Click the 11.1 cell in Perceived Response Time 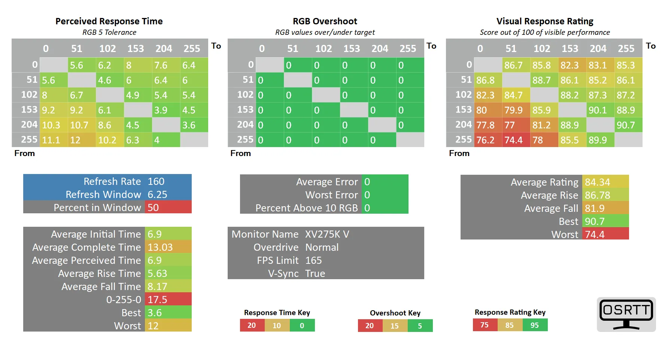click(54, 140)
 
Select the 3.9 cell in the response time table click(166, 110)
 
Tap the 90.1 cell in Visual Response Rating click(600, 110)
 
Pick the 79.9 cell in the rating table click(516, 110)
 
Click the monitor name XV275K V click(327, 234)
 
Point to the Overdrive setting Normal click(322, 247)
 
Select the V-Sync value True click(315, 274)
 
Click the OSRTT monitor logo click(626, 314)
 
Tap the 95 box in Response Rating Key click(535, 325)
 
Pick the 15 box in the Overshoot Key click(395, 326)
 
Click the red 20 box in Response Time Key click(252, 326)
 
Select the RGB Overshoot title click(325, 21)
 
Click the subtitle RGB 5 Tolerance click(109, 32)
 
